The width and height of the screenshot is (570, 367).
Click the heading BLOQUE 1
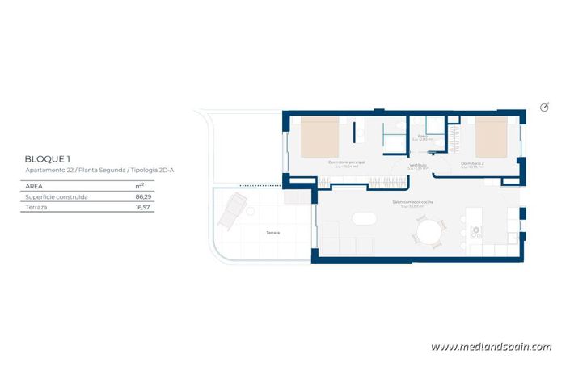pyautogui.click(x=49, y=158)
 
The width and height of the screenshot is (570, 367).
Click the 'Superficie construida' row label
pyautogui.click(x=56, y=196)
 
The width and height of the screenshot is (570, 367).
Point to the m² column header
pyautogui.click(x=140, y=185)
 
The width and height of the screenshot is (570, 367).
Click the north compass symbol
pyautogui.click(x=544, y=108)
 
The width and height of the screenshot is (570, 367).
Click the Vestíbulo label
pyautogui.click(x=418, y=165)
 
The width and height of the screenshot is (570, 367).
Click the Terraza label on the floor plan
pyautogui.click(x=273, y=232)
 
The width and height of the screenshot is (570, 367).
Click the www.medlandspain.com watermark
pyautogui.click(x=491, y=347)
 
